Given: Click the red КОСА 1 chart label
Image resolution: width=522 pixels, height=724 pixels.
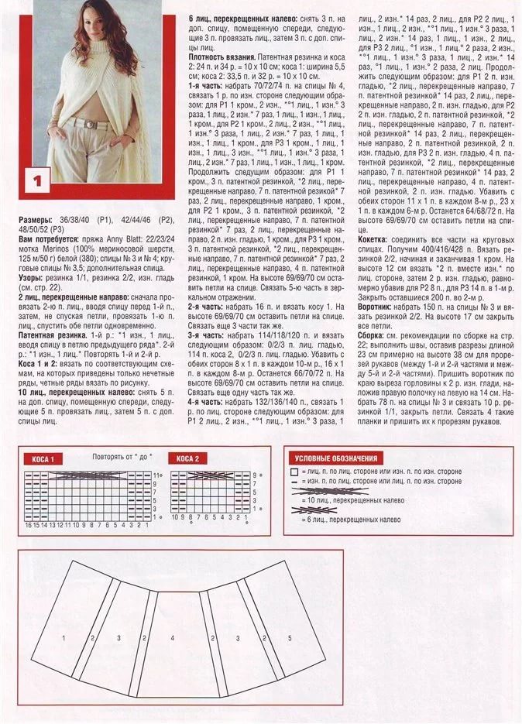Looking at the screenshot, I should [43, 459].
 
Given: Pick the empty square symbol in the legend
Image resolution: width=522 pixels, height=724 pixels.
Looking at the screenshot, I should [294, 471].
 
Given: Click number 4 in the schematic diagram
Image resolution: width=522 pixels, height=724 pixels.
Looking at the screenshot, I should [172, 638].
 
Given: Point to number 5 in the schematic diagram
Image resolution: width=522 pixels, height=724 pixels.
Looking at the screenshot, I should [290, 638].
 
